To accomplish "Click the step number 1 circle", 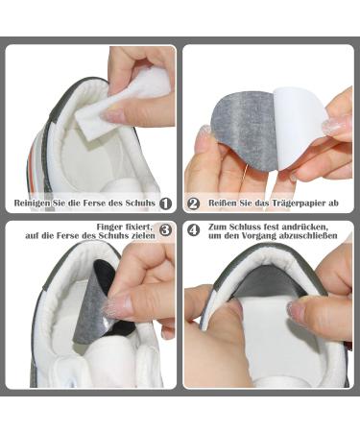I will tap(165, 204).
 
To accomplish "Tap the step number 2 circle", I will tap(193, 204).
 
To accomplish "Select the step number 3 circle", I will tap(165, 230).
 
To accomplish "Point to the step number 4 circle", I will tap(193, 230).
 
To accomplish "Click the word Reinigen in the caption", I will tap(35, 204).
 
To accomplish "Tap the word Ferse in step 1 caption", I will tap(93, 204).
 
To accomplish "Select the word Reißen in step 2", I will tap(222, 204).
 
